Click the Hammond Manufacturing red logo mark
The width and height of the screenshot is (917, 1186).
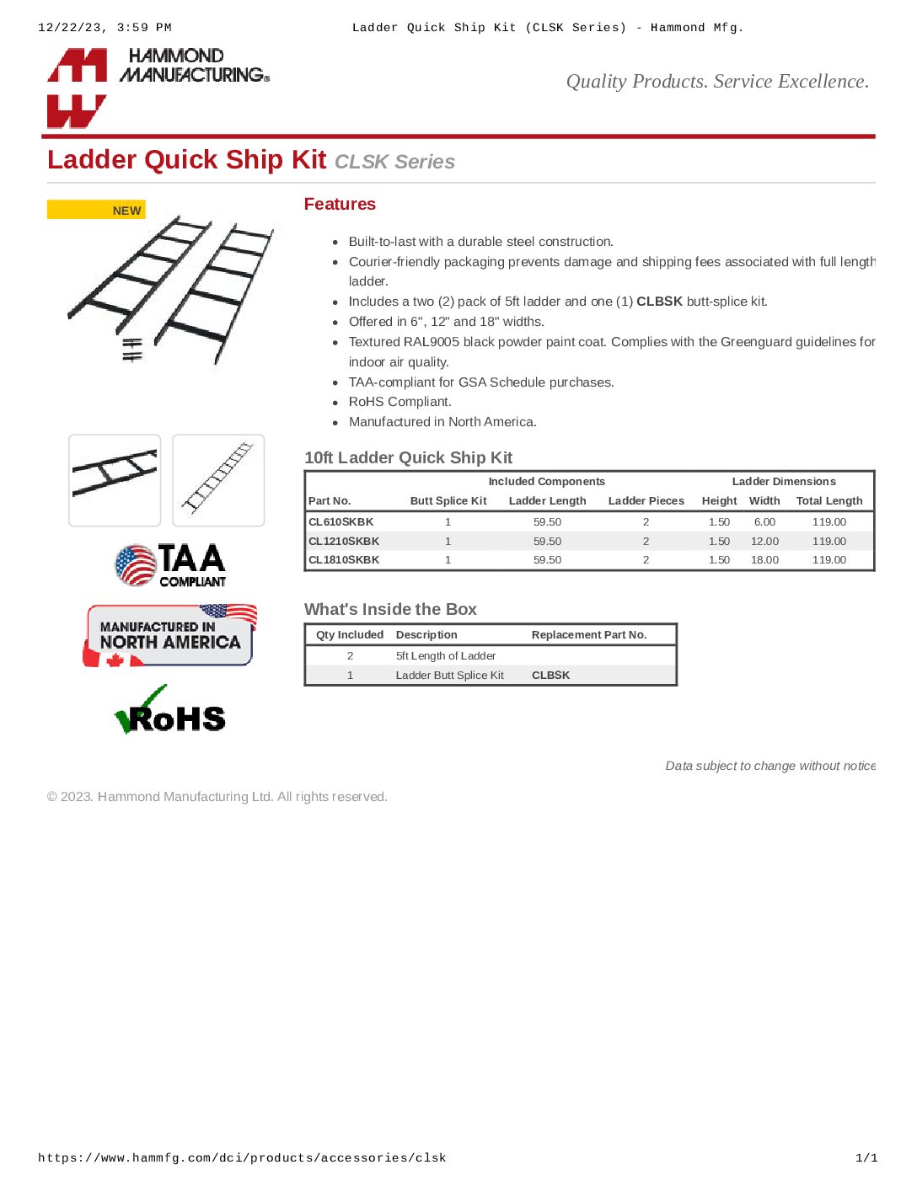click(x=77, y=88)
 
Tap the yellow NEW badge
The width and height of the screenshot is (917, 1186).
click(x=96, y=210)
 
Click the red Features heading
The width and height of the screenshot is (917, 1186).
click(x=340, y=204)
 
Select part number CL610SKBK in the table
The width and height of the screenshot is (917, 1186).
click(x=341, y=522)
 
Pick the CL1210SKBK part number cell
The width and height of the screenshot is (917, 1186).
click(x=344, y=542)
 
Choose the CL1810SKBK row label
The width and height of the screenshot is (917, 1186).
click(x=344, y=560)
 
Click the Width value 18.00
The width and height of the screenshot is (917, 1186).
click(x=764, y=560)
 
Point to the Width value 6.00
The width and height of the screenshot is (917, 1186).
click(x=764, y=522)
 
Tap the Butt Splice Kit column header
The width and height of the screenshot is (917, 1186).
click(x=448, y=501)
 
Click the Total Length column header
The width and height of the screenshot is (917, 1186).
click(x=829, y=501)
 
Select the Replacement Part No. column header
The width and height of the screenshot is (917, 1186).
click(x=589, y=635)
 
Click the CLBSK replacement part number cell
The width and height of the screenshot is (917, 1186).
click(x=550, y=676)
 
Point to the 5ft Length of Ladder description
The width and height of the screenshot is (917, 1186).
click(x=446, y=656)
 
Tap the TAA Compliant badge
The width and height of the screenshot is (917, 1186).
click(x=171, y=564)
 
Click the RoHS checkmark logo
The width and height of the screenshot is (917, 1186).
click(x=170, y=712)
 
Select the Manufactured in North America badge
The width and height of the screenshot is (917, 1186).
click(x=169, y=635)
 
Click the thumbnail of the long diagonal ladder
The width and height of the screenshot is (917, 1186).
click(x=218, y=480)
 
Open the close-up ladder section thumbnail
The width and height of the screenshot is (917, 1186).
click(x=115, y=480)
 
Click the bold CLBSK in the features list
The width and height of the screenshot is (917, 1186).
click(x=659, y=302)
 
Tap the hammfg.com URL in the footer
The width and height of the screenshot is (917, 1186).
click(x=242, y=1158)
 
